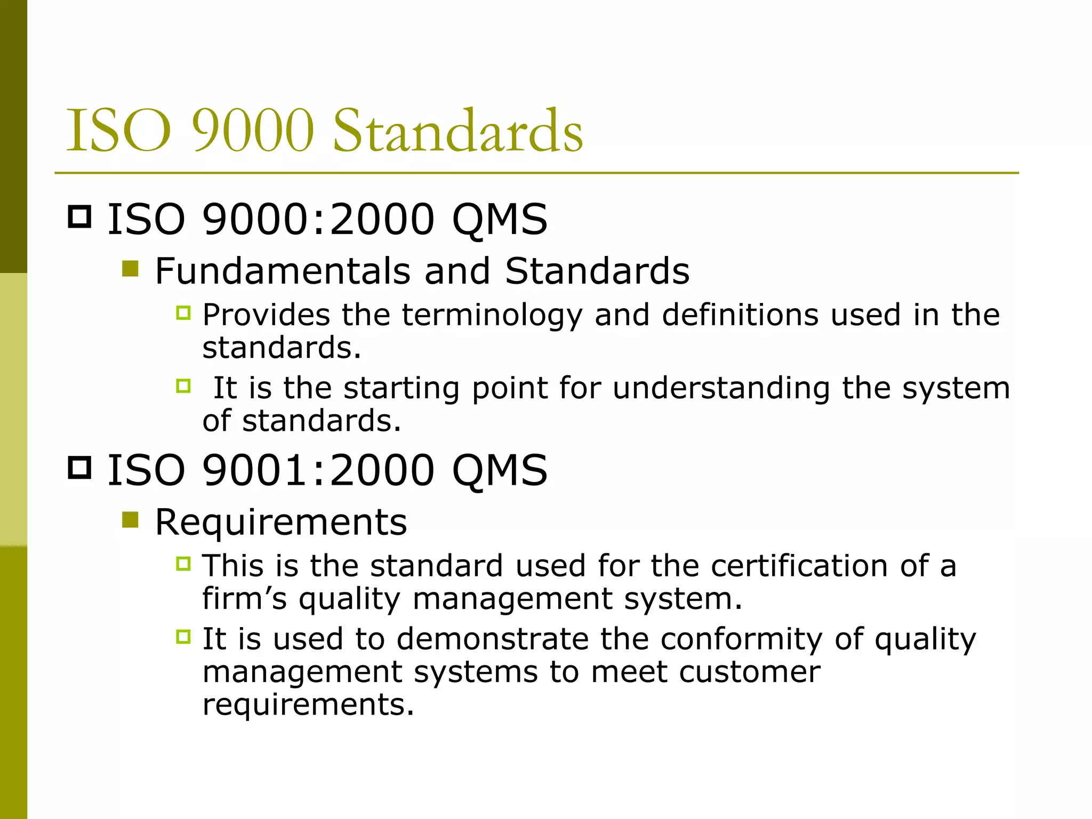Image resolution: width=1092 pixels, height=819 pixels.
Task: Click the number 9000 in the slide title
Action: point(253,131)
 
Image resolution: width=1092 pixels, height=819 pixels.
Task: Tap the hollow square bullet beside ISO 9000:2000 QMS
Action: point(80,217)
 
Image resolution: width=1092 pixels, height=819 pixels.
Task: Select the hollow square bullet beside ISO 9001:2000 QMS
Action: point(80,468)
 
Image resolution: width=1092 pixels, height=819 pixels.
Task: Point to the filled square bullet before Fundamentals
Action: point(130,269)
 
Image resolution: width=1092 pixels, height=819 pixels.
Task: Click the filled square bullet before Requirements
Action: point(130,519)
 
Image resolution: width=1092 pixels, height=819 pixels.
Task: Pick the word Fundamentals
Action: point(283,271)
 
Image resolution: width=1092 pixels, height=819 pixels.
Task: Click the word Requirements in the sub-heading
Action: point(281,522)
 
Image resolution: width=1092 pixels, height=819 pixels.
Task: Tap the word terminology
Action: point(492,315)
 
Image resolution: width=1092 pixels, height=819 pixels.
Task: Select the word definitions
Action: point(740,315)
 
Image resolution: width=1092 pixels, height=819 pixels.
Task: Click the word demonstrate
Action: point(492,639)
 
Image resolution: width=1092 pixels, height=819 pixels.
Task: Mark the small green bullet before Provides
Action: point(183,312)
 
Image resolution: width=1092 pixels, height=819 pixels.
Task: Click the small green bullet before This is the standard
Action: point(183,563)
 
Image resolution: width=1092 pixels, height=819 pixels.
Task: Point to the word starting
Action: point(402,388)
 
